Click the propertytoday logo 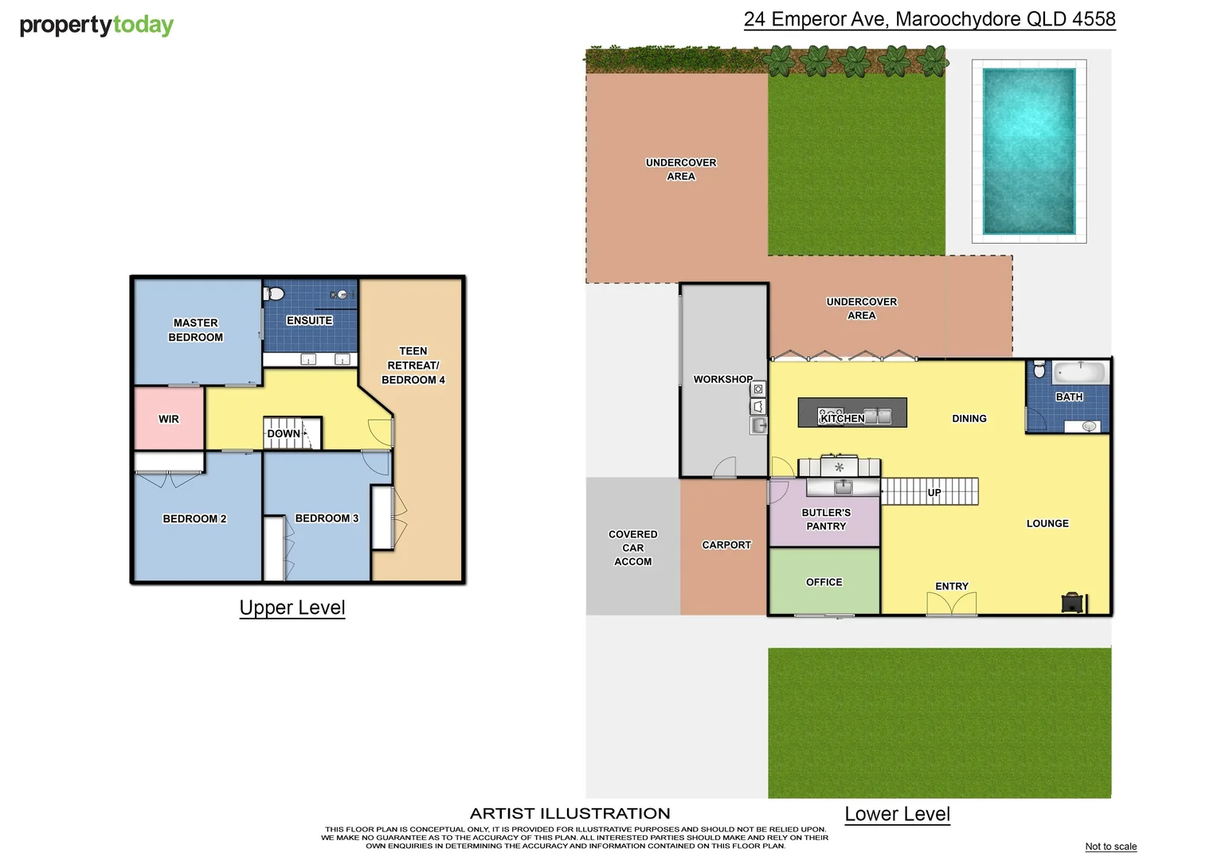click(96, 25)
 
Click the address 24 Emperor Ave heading click(929, 19)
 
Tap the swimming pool click(1028, 151)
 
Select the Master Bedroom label click(196, 330)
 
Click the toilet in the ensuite click(274, 294)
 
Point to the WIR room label click(169, 419)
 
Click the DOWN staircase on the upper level click(292, 433)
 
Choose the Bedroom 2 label click(194, 518)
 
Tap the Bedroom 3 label click(327, 518)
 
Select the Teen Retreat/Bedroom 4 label click(413, 365)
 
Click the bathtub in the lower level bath click(1079, 372)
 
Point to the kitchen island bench click(851, 412)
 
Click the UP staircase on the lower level click(930, 491)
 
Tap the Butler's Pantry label click(826, 519)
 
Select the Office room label click(824, 582)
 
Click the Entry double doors click(952, 605)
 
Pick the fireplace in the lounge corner click(1073, 603)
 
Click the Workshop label click(722, 379)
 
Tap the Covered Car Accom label click(632, 548)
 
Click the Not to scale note click(1110, 846)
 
